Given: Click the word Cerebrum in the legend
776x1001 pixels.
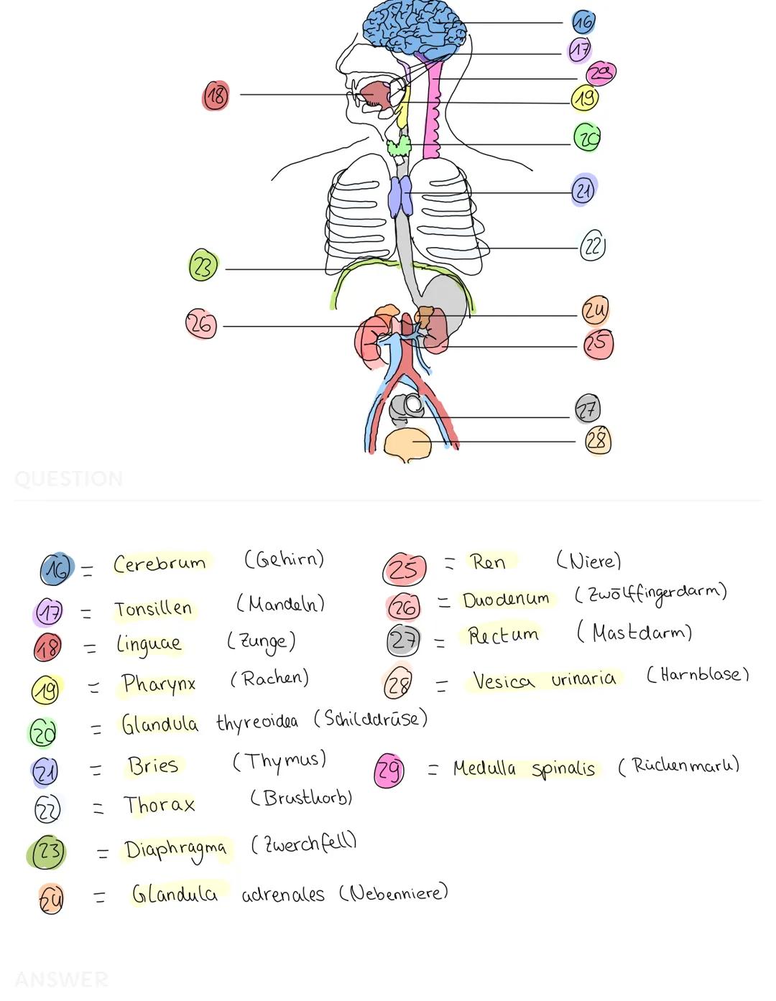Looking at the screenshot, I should [159, 564].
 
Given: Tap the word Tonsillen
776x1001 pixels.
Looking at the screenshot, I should [153, 610].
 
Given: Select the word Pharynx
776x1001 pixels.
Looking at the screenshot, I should [158, 684].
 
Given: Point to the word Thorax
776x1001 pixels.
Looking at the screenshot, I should [159, 805].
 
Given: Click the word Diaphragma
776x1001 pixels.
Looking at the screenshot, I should [175, 850].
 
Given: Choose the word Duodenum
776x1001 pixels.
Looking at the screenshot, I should [506, 600].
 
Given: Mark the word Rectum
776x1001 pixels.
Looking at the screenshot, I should [503, 635].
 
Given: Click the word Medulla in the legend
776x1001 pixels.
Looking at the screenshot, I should [484, 768].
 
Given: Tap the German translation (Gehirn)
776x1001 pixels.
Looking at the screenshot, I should [284, 559].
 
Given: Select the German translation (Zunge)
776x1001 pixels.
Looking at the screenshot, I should [261, 641].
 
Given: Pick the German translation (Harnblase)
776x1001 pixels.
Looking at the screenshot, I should [697, 675].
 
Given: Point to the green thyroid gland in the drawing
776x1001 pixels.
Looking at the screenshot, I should [399, 147].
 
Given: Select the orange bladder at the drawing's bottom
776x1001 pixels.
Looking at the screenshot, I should [407, 444].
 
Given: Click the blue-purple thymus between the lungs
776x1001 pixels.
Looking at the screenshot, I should [400, 195].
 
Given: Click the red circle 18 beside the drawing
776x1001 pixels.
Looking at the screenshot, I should [216, 95].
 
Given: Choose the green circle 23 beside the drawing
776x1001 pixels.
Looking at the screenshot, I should [203, 266].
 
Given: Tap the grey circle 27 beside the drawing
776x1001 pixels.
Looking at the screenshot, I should [587, 409].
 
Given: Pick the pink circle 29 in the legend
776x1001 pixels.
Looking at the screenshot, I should [389, 770].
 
